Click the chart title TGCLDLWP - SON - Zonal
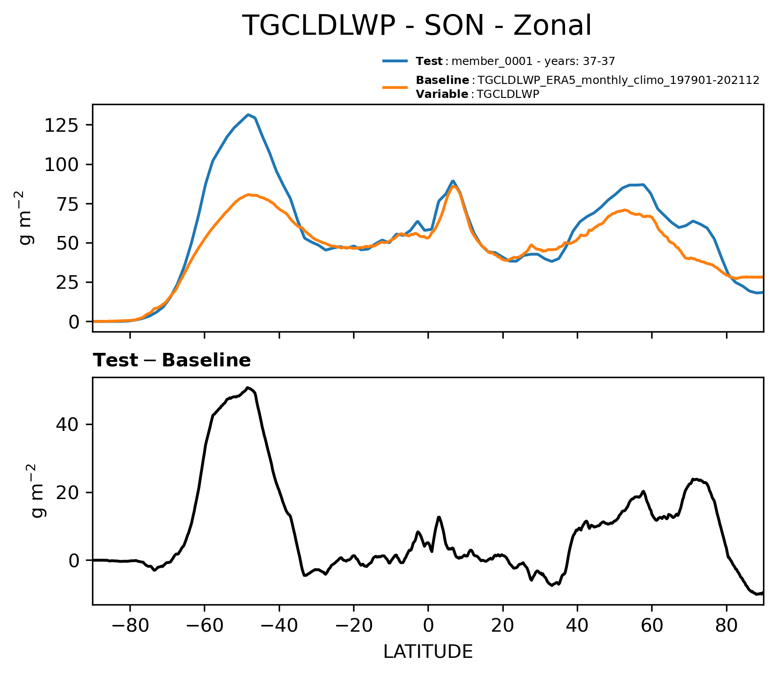tap(416, 26)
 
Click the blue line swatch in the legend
tap(395, 61)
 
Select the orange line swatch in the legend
tap(395, 87)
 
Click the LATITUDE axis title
tap(428, 652)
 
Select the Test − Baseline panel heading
tap(172, 361)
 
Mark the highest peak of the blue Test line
tap(248, 115)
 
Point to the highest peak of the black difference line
tap(248, 388)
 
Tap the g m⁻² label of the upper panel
tap(27, 217)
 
